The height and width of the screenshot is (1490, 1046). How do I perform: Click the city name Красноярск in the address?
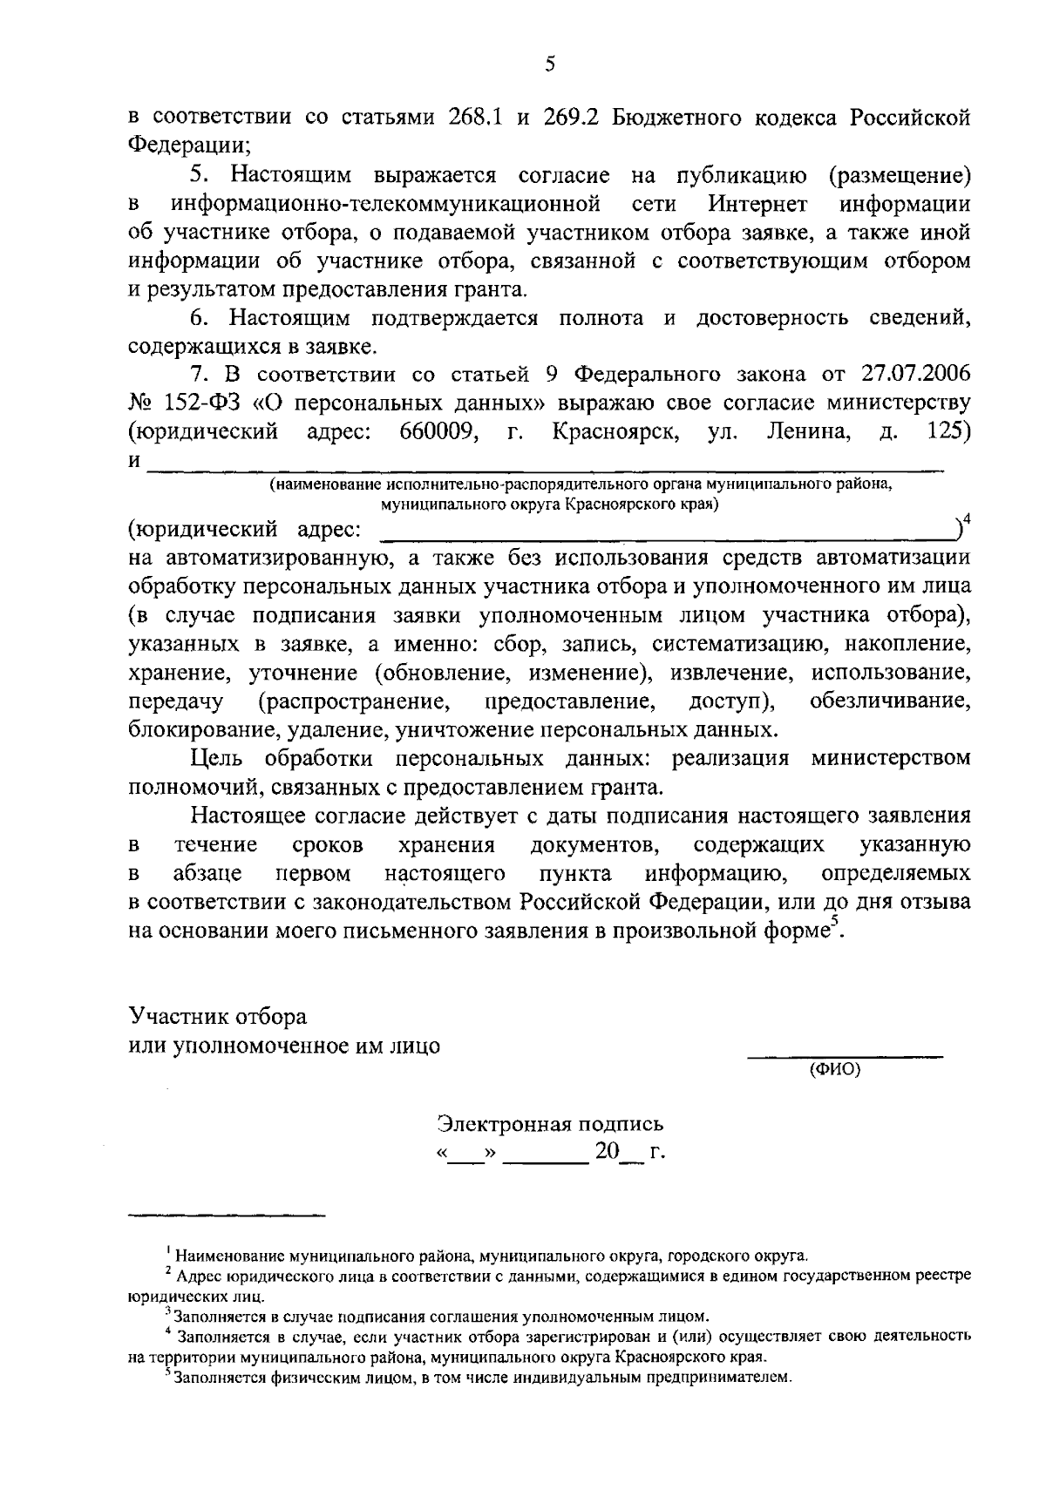coord(616,431)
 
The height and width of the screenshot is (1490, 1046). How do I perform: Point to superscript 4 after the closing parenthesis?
coord(967,520)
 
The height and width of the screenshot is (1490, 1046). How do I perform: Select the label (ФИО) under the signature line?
coord(834,1069)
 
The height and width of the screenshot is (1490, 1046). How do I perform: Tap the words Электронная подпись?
coord(550,1123)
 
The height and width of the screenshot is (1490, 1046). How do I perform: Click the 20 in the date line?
coord(606,1151)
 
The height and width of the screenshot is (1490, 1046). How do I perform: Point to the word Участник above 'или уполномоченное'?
coord(173,1017)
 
